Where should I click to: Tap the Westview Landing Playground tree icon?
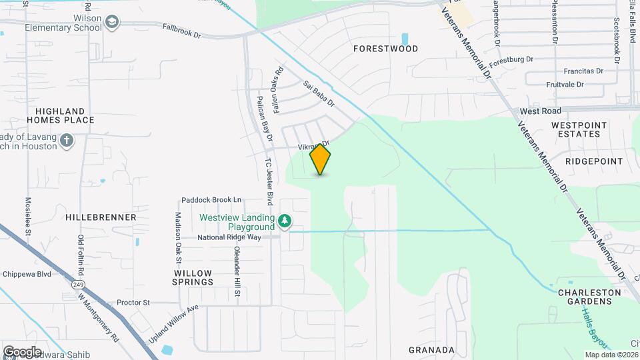[x=285, y=221]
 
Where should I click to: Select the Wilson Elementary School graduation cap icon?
[x=112, y=24]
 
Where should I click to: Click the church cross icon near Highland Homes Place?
[x=66, y=141]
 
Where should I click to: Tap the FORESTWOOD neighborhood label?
[x=385, y=49]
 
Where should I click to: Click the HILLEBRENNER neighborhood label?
[x=101, y=217]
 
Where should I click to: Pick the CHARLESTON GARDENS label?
[x=585, y=297]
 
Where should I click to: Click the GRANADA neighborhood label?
[x=431, y=349]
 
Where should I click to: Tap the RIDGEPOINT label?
[x=593, y=161]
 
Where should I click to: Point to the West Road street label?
[x=540, y=111]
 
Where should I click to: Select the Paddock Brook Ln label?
[x=211, y=200]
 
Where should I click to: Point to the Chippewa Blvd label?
[x=27, y=274]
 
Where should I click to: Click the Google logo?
[x=22, y=351]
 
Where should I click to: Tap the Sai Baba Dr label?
[x=319, y=95]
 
